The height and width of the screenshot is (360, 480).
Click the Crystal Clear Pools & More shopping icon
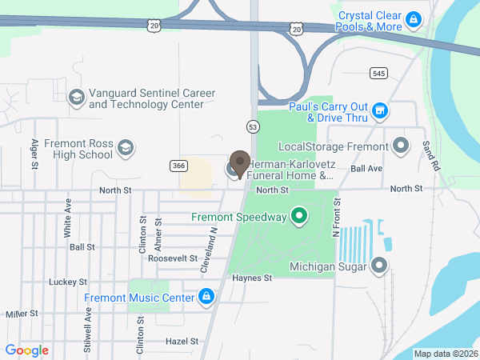pos(413,18)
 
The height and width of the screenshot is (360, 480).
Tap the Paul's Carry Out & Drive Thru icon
pos(380,110)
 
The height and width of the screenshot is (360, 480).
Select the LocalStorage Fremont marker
pos(401,146)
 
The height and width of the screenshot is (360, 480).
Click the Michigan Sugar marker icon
pos(379,266)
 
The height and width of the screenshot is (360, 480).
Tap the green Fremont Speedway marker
pos(299,216)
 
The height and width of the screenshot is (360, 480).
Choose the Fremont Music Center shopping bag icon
pos(206,298)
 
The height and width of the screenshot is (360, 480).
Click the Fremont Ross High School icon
pos(125,148)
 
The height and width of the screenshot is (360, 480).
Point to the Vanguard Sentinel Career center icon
pos(76,98)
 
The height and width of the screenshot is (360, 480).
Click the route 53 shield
pos(252,126)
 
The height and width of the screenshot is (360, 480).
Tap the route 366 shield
pos(178,166)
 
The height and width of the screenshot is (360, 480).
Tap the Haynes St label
pos(252,278)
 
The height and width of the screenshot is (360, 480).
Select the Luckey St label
pos(67,282)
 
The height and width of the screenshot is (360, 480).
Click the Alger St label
pos(34,154)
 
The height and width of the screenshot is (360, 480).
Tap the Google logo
pos(26,350)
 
